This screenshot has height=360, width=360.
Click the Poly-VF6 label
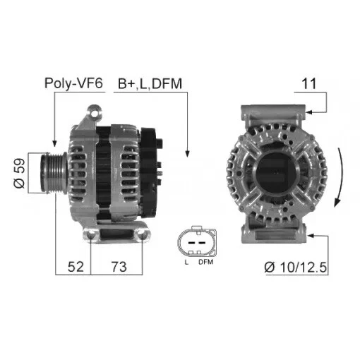coord(73,83)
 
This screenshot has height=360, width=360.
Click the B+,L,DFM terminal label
coord(150,84)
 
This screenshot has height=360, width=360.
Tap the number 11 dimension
coord(309,83)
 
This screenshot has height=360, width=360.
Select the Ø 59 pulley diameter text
coord(20,173)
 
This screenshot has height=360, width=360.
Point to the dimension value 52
coord(76,267)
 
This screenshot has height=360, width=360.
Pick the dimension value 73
coord(119,267)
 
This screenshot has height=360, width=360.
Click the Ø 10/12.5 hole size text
coord(296,268)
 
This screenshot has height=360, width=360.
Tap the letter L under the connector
coord(186,262)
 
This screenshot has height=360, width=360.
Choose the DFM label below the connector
coord(205,262)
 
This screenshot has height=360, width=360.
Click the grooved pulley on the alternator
coord(54,173)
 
